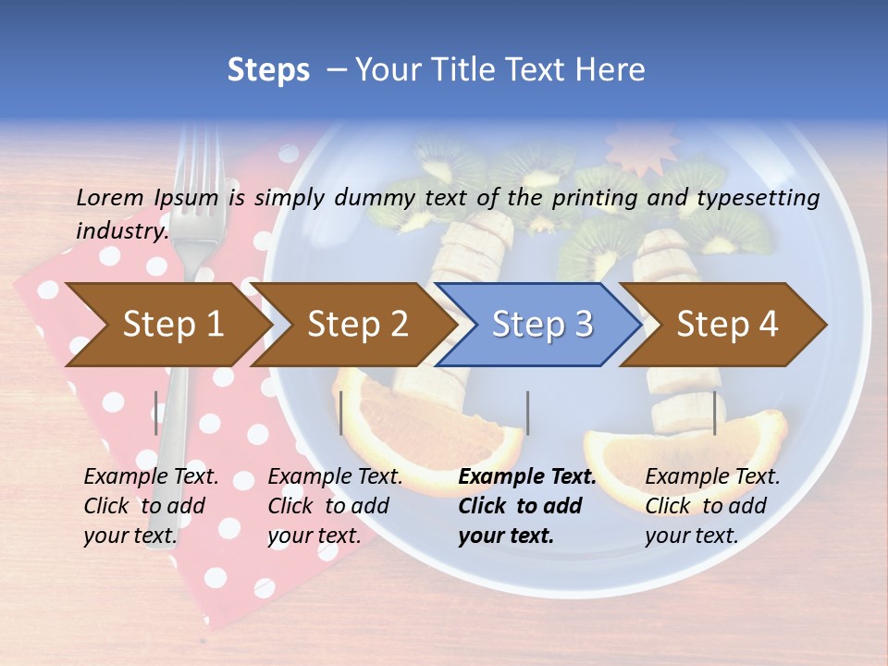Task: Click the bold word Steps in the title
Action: point(268,70)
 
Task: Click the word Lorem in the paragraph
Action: point(107,197)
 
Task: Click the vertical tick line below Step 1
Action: point(156,413)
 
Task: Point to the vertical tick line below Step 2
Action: point(341,413)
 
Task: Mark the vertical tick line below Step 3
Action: point(527,413)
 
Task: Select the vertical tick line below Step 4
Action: point(714,413)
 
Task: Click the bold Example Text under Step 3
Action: point(527,477)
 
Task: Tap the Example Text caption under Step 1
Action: point(151,477)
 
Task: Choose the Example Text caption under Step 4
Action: point(712,477)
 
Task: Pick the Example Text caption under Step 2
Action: point(335,477)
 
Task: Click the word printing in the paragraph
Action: point(597,197)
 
